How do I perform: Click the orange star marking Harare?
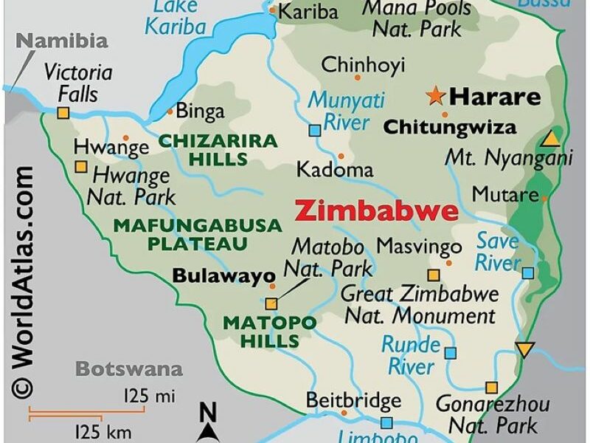point(436,95)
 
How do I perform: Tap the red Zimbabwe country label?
point(376,211)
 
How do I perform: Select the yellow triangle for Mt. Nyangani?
point(550,139)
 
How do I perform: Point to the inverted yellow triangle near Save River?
point(524,350)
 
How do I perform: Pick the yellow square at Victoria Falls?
point(63,113)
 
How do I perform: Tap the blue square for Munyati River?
point(315,131)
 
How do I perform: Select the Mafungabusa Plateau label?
point(197,234)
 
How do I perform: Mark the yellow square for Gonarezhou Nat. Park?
point(491,387)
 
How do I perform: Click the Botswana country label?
point(129,368)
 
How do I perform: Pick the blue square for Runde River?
point(450,353)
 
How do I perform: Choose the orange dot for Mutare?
point(545,198)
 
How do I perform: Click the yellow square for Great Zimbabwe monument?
point(434,275)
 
